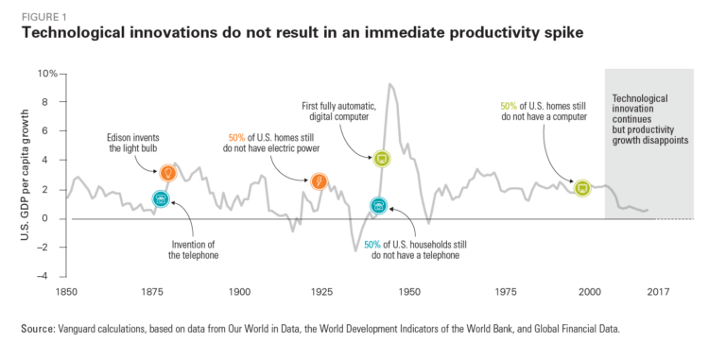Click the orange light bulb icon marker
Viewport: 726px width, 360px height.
click(168, 173)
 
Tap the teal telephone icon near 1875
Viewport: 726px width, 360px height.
click(161, 199)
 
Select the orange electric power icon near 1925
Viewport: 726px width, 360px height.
click(319, 180)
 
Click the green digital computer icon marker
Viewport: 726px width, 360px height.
click(382, 159)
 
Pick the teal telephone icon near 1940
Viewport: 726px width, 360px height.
click(378, 205)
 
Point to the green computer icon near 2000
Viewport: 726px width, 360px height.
click(582, 188)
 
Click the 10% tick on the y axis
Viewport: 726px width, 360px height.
click(47, 73)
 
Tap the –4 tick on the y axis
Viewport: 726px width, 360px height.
click(50, 276)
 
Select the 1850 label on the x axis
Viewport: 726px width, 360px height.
click(66, 293)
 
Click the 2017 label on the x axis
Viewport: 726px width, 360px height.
click(659, 293)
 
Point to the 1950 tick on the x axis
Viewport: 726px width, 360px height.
click(409, 293)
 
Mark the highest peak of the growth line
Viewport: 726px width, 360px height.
click(389, 84)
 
